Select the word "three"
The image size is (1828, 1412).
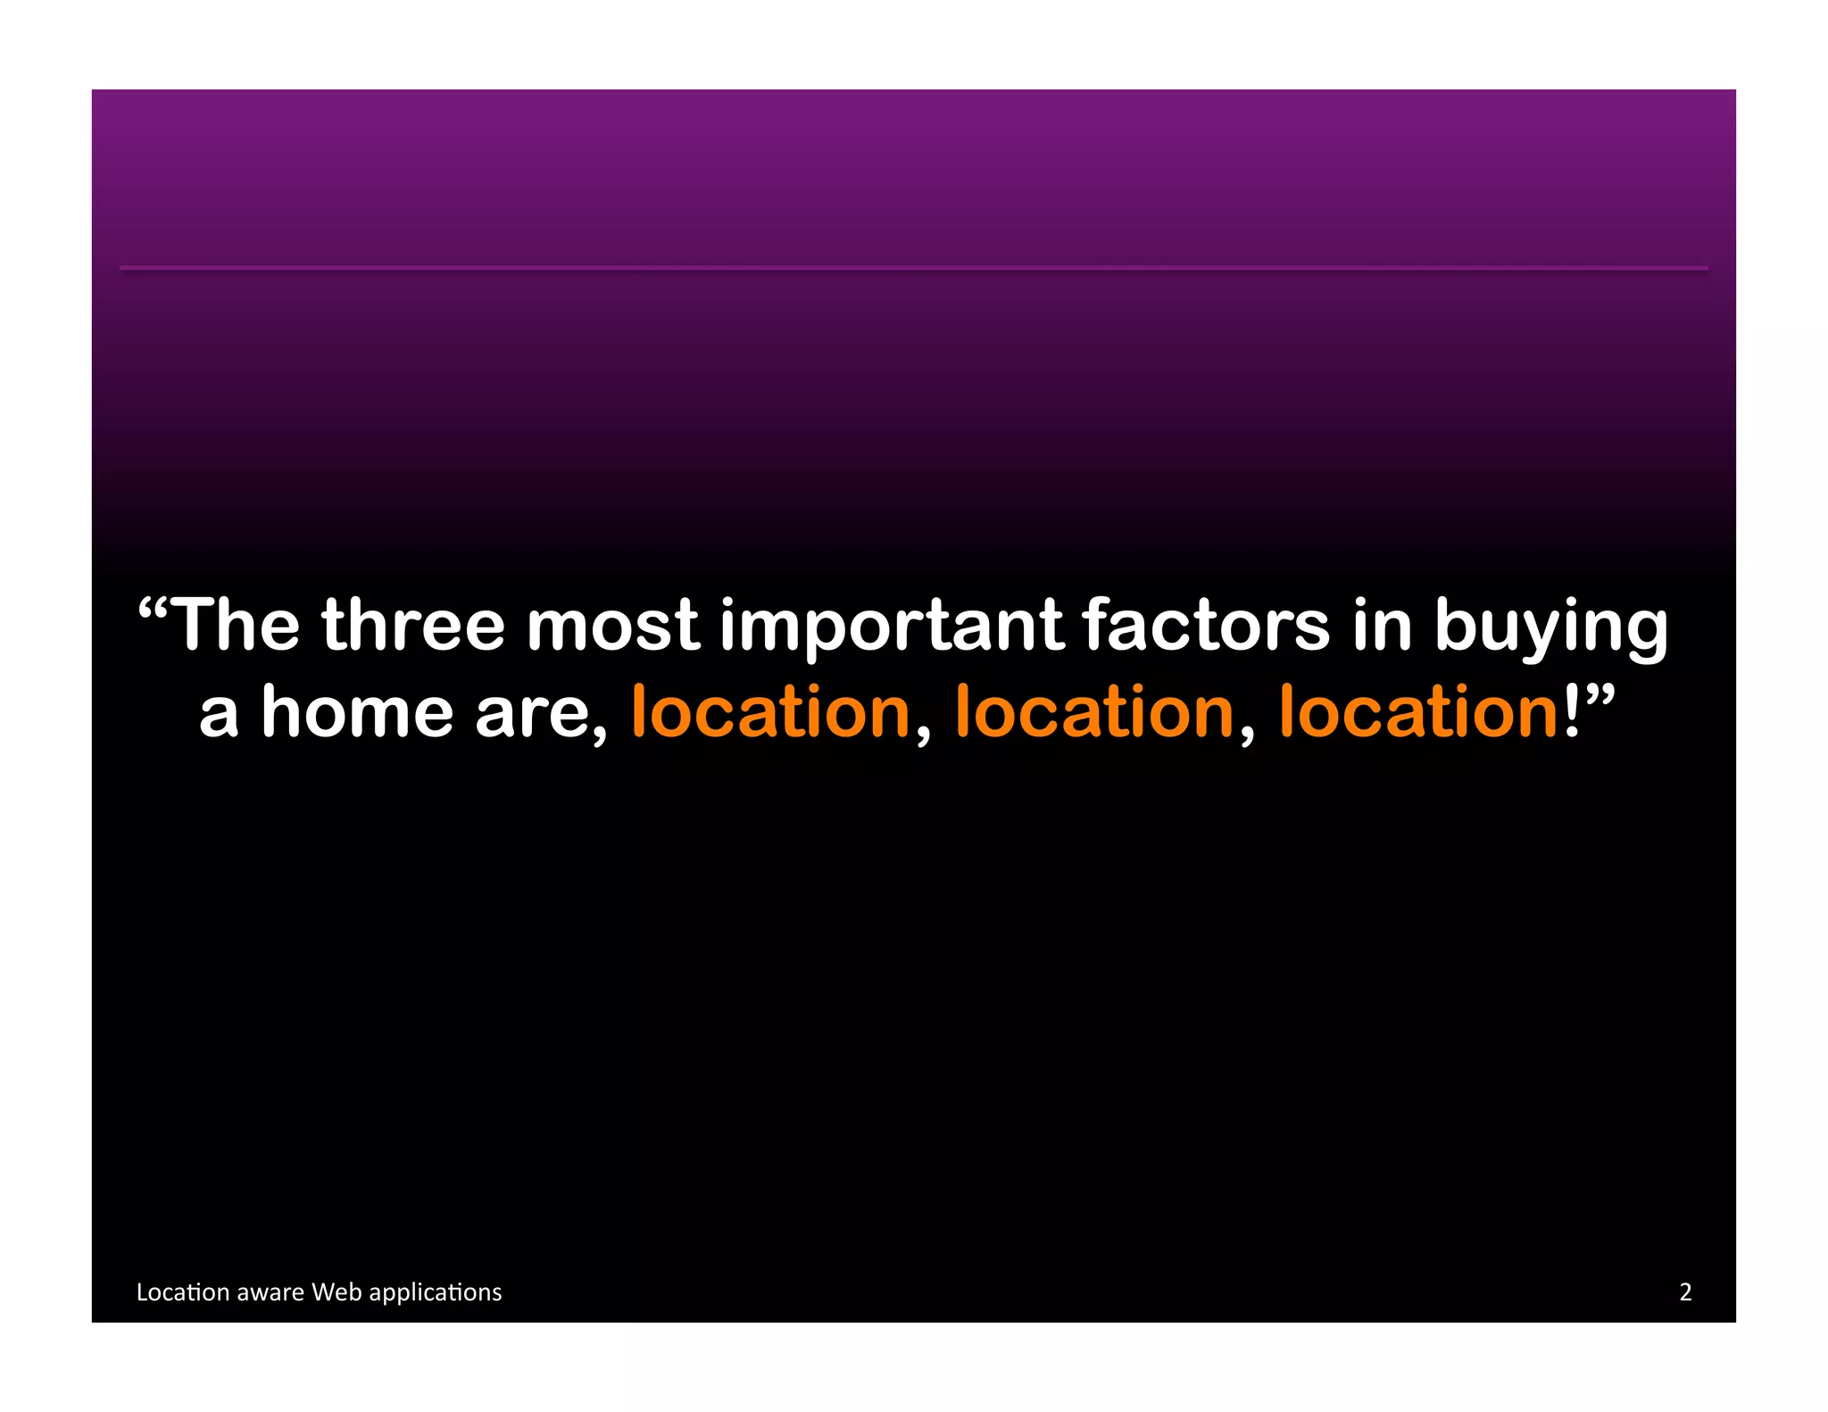point(413,626)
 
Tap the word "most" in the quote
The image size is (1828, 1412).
point(612,626)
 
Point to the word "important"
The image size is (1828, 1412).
point(892,626)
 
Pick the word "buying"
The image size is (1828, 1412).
point(1550,629)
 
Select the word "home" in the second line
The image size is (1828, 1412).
point(357,712)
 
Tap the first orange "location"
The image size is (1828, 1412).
point(770,712)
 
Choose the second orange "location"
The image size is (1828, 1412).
point(1094,712)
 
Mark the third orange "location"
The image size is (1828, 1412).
point(1418,712)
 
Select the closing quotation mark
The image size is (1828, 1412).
point(1599,695)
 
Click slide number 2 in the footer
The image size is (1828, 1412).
point(1685,1292)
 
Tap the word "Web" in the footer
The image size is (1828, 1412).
point(337,1292)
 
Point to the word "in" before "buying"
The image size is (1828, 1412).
point(1382,626)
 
